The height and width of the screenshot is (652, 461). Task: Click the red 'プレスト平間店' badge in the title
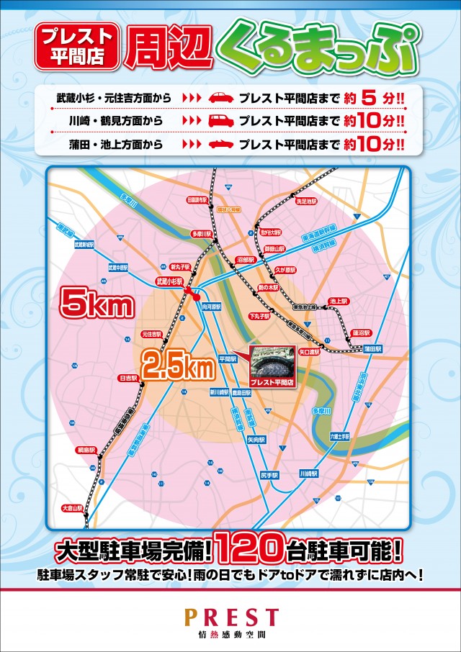(78, 45)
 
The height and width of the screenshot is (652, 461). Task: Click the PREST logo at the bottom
(230, 617)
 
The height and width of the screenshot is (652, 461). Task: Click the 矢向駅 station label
(256, 438)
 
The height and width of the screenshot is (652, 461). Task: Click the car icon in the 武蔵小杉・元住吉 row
(221, 97)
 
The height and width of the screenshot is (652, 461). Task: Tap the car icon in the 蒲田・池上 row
(221, 145)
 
